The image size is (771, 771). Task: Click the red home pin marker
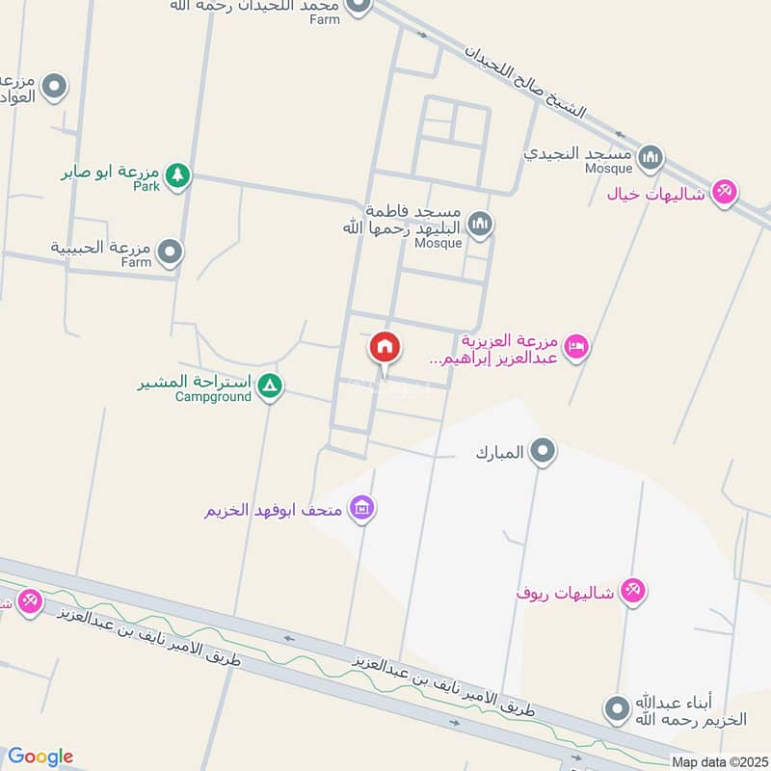pyautogui.click(x=385, y=348)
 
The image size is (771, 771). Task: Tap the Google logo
pyautogui.click(x=40, y=757)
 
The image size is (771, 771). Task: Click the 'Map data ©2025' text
pyautogui.click(x=719, y=761)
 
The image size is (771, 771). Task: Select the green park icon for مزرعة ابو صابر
pyautogui.click(x=176, y=174)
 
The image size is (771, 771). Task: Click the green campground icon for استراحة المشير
pyautogui.click(x=271, y=386)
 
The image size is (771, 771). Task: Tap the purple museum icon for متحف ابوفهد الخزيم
pyautogui.click(x=362, y=507)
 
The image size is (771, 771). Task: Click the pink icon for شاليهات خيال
pyautogui.click(x=727, y=191)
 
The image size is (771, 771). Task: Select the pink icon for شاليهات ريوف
pyautogui.click(x=632, y=590)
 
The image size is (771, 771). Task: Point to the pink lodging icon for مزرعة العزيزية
pyautogui.click(x=576, y=346)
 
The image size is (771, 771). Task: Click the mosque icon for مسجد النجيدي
pyautogui.click(x=651, y=155)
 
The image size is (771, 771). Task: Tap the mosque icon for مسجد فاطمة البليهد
pyautogui.click(x=480, y=226)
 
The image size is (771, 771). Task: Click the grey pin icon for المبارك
pyautogui.click(x=544, y=450)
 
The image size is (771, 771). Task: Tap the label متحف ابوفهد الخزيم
pyautogui.click(x=276, y=510)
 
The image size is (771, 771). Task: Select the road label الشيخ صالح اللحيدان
pyautogui.click(x=523, y=82)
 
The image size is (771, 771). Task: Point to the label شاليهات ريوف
pyautogui.click(x=565, y=593)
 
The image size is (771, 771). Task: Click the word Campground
pyautogui.click(x=214, y=396)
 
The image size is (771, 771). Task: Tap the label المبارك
pyautogui.click(x=499, y=452)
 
